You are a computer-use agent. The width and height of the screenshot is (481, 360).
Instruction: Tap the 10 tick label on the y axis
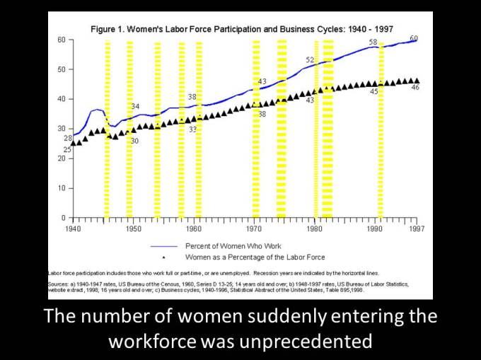pos(62,188)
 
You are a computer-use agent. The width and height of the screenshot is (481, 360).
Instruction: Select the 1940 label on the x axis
pos(73,229)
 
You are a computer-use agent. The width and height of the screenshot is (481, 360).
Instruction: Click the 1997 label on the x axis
pos(416,229)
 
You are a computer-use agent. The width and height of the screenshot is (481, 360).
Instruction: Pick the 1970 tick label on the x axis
pos(254,229)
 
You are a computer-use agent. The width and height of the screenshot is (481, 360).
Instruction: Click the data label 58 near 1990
pos(373,42)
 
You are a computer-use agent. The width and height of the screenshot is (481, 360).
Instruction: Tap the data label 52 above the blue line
pos(310,60)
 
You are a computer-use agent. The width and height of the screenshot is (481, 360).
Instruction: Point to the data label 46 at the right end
pos(415,87)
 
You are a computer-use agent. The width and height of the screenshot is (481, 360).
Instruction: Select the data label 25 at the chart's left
pos(67,150)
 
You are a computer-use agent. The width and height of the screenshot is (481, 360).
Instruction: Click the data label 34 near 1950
pos(135,106)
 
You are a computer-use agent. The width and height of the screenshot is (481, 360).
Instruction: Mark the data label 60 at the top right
pos(414,37)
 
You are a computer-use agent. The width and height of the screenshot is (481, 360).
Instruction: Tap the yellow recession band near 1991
pos(380,127)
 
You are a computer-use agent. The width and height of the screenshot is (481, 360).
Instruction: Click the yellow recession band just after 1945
pos(107,127)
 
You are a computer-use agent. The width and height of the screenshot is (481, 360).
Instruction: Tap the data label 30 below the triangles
pos(135,141)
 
